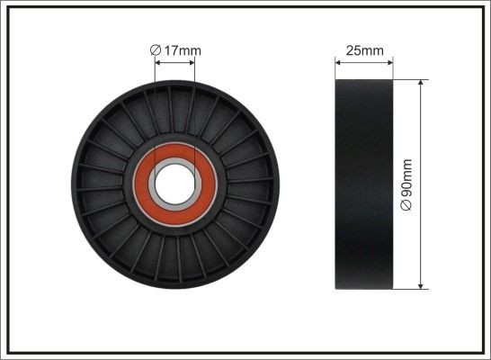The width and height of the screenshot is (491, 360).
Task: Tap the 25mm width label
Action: (364, 50)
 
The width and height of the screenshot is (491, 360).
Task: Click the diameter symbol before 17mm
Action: (155, 50)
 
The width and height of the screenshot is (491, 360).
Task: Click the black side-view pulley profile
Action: (364, 184)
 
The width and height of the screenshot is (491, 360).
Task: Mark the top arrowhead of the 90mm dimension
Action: (421, 83)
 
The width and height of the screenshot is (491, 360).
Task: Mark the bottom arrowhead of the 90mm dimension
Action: (421, 286)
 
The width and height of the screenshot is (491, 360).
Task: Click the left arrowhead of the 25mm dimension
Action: (339, 62)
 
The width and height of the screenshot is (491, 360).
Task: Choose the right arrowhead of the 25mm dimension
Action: (389, 62)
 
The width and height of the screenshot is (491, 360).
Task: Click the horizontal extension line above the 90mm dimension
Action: (409, 78)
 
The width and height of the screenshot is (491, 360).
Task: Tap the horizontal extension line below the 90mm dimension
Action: (409, 291)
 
